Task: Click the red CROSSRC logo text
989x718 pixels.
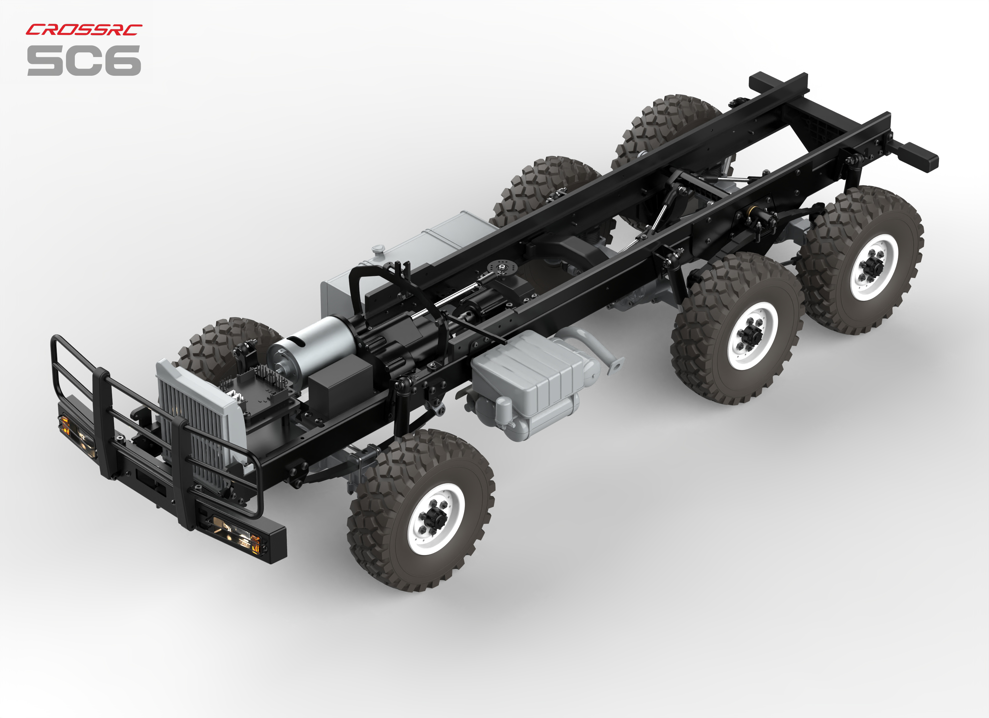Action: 84,30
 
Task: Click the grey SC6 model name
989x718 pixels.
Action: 84,60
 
